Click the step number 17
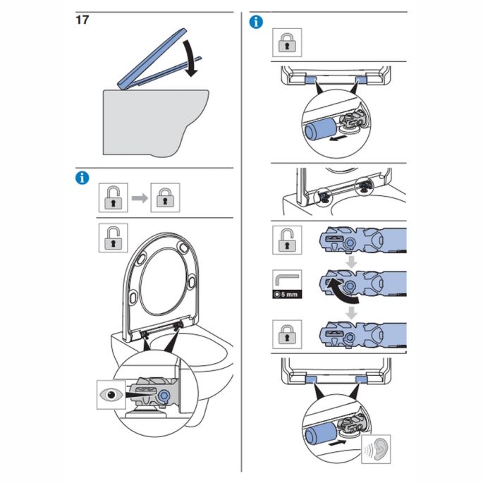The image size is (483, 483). tap(82, 20)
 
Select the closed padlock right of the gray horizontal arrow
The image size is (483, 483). tap(166, 197)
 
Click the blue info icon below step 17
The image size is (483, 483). tap(82, 178)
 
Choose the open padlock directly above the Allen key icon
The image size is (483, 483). tap(287, 240)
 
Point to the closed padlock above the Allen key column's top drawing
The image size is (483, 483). tap(287, 43)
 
